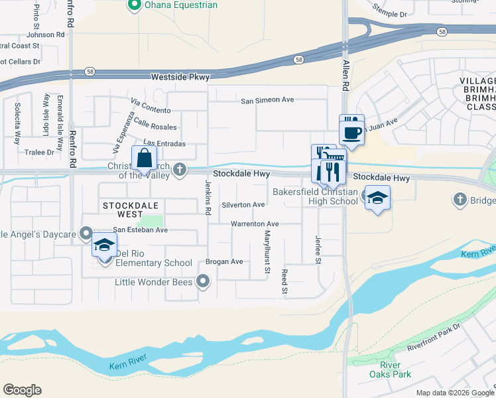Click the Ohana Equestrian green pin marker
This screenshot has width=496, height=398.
(x=135, y=5)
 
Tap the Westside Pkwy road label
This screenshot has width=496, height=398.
(x=180, y=77)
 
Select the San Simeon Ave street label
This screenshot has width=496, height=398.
(x=267, y=101)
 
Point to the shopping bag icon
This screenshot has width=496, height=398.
(x=144, y=159)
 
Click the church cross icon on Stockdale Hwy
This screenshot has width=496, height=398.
(x=179, y=170)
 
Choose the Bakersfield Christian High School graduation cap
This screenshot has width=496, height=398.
(x=377, y=198)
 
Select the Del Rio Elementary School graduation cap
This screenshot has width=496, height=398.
(x=104, y=245)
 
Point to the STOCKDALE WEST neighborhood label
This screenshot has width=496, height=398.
(x=122, y=210)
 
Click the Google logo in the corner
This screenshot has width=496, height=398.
(x=22, y=389)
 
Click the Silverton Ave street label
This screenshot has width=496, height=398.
(x=243, y=205)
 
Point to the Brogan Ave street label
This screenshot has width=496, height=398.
(x=225, y=261)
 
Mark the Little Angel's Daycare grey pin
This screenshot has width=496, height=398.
(x=86, y=232)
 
